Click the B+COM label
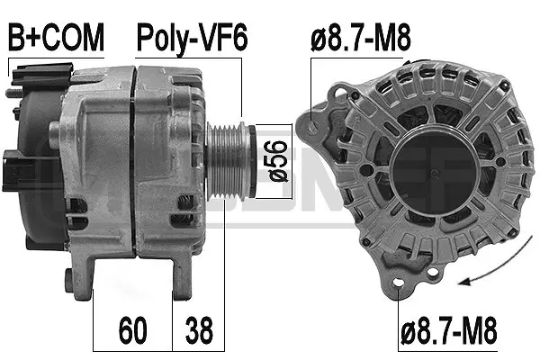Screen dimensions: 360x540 [x=57, y=39]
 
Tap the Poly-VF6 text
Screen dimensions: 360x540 [x=191, y=39]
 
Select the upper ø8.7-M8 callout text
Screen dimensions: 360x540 [x=360, y=39]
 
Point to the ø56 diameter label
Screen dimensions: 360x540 [x=276, y=159]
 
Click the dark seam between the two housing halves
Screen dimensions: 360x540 [x=133, y=153]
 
